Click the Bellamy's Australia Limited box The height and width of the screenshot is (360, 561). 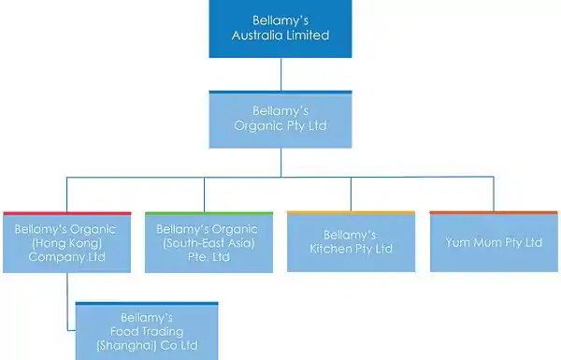coord(280,29)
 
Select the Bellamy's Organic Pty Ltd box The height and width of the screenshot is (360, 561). coord(280,120)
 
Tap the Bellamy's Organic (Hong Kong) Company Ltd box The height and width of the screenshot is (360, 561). coord(67,242)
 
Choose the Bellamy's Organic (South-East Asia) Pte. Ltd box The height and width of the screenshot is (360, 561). coord(209,242)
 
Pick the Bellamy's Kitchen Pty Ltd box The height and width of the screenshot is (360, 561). coord(351,241)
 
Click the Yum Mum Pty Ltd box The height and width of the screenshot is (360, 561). coord(494,241)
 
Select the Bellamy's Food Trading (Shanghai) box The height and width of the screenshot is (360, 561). coord(147,331)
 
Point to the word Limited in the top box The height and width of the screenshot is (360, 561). coord(311,36)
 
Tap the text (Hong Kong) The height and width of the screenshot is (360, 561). coord(67,243)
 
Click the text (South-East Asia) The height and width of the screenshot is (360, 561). coord(209,243)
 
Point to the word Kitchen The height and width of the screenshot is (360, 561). coord(331,249)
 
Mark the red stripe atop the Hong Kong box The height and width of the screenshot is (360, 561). coord(67,213)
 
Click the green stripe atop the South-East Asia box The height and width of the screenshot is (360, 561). coord(209,213)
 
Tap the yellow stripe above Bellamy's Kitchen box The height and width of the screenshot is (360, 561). coord(351,212)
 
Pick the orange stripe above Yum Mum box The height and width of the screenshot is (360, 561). coord(494,212)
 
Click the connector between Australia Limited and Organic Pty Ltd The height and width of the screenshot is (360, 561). coord(280,74)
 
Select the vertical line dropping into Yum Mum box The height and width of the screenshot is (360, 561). coord(494,194)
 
